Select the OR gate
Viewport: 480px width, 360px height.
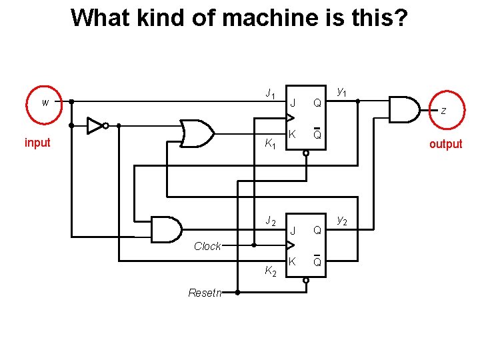coord(197,133)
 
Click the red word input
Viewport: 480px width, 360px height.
coord(37,143)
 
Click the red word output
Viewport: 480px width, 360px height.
coord(445,144)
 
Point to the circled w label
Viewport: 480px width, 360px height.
coord(45,103)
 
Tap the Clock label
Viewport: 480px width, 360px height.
coord(207,246)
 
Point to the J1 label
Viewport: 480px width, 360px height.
coord(270,93)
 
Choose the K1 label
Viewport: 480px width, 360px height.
coord(270,143)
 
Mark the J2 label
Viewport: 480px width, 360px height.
coord(270,220)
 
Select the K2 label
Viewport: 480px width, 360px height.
coord(270,271)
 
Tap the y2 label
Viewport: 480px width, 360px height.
coord(341,219)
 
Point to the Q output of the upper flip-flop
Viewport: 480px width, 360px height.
coord(318,103)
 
